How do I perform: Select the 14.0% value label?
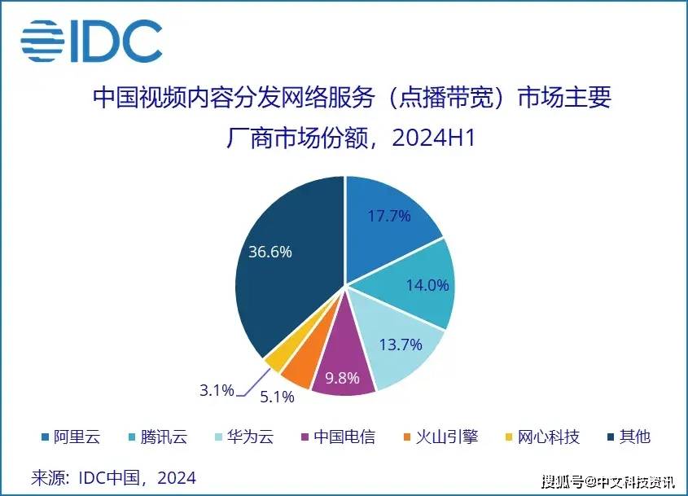[x=427, y=285]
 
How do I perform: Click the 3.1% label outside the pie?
[x=217, y=390]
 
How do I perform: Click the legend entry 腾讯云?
[x=158, y=437]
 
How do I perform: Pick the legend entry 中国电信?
[x=342, y=437]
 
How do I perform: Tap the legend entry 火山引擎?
[x=445, y=437]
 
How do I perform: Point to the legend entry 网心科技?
[x=546, y=437]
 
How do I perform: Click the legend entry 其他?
[x=627, y=437]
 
